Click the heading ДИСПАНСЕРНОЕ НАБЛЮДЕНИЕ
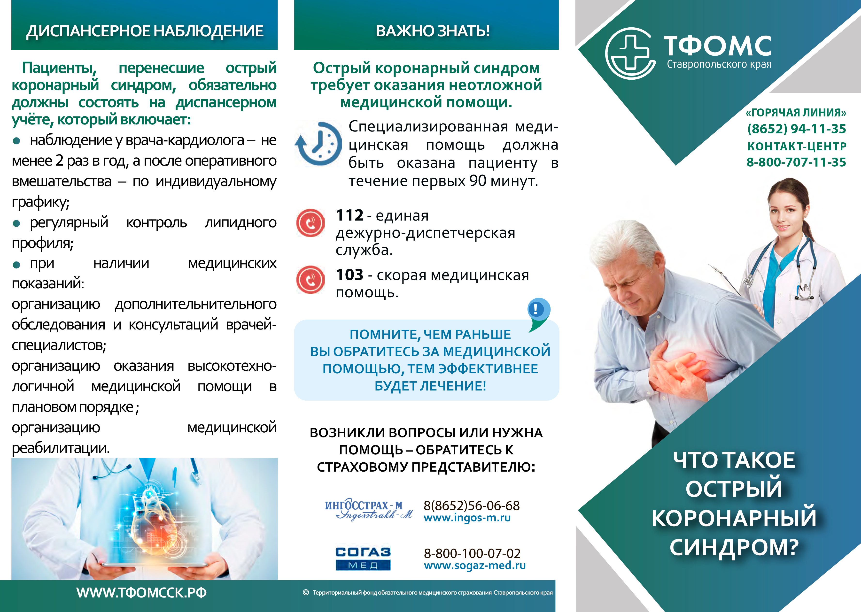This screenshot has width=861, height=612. coord(145,31)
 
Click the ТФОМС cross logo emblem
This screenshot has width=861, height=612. coord(630,53)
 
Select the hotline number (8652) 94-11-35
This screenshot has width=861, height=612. coord(797,129)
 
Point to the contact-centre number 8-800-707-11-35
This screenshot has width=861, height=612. coord(796,162)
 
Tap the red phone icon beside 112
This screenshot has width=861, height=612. coord(310,223)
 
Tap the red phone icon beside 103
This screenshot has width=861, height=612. coord(310,280)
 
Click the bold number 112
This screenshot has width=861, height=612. coord(349,215)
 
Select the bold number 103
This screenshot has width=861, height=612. coord(350,275)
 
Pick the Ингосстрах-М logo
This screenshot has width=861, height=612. coord(369,510)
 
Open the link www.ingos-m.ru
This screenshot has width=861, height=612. coord(467,518)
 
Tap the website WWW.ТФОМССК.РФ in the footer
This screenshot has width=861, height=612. coord(141,593)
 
